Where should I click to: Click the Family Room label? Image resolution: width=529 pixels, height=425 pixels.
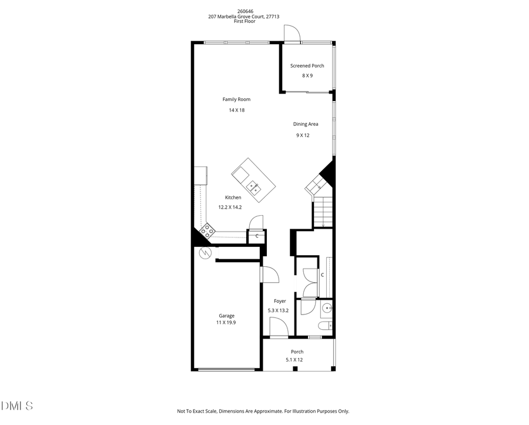(x=236, y=99)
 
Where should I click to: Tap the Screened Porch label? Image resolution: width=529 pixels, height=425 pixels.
(x=307, y=66)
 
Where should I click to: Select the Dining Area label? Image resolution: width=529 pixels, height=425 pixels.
(x=306, y=124)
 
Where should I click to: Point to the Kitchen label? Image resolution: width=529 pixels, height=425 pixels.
(x=233, y=198)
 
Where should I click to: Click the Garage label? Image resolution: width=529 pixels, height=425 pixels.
(x=226, y=316)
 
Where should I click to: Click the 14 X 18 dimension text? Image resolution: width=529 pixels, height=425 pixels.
(x=236, y=111)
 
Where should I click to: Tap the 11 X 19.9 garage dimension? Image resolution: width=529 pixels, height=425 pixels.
(x=226, y=323)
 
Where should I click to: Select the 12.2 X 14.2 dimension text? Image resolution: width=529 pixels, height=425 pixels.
(x=230, y=207)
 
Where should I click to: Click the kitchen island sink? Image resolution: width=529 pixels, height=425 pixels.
(x=254, y=188)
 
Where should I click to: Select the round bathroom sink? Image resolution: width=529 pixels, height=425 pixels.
(x=326, y=307)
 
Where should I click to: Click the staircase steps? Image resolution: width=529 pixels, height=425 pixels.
(x=322, y=212)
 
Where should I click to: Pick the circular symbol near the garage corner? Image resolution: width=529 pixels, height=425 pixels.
(x=205, y=253)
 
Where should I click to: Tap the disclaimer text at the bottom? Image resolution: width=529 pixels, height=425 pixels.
(x=263, y=411)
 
